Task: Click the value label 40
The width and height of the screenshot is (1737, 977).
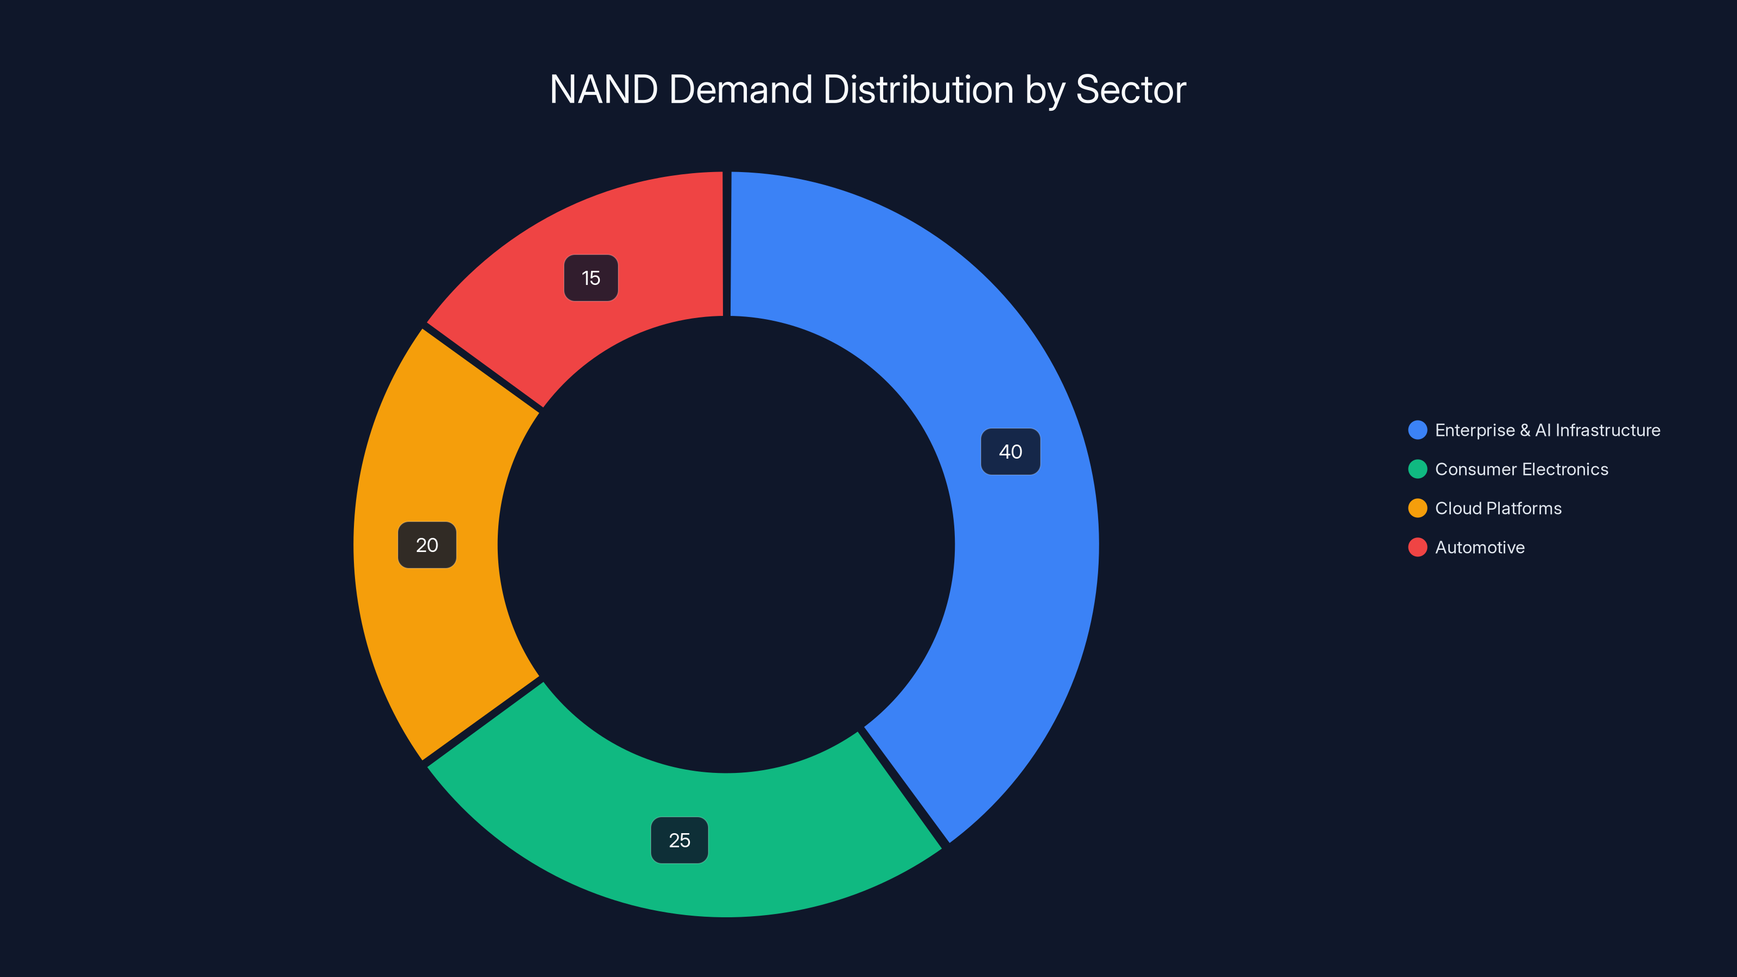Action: coord(1010,452)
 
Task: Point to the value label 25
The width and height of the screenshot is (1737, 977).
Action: coord(679,840)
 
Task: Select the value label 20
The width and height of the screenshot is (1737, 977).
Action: coord(427,545)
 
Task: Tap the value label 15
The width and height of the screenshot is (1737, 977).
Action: coord(591,278)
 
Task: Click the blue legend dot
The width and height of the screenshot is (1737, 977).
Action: coord(1417,430)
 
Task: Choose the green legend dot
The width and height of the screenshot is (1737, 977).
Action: coord(1417,470)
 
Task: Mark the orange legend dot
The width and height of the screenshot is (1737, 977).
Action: coord(1417,509)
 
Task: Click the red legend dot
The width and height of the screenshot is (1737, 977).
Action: coord(1417,548)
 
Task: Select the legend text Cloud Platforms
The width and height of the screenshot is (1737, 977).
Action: coord(1498,509)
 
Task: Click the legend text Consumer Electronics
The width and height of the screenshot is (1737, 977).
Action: coord(1521,470)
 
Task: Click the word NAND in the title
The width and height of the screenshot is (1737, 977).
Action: coord(604,90)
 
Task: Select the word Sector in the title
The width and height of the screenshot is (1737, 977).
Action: coord(1130,90)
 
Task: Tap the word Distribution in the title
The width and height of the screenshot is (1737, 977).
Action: coord(918,90)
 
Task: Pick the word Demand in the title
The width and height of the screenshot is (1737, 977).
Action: coord(740,90)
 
